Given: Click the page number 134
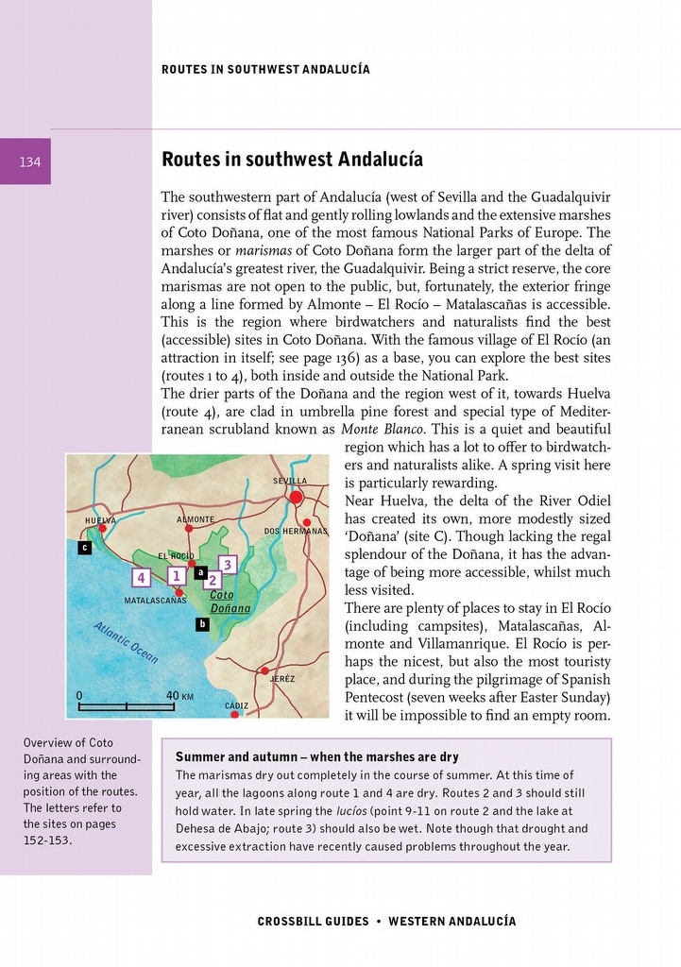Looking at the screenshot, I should point(30,162).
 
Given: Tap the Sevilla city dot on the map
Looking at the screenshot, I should point(297,497).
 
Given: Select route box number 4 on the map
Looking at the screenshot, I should point(141,577).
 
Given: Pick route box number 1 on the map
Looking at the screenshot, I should point(175,575).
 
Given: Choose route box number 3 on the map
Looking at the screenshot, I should point(226,565).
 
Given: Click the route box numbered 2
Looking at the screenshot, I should point(213,581).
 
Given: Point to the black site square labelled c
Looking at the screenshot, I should point(84,547).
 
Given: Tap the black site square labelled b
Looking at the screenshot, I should point(201,624).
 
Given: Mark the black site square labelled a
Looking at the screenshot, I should point(200,571).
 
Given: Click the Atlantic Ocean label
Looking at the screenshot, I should point(126,644).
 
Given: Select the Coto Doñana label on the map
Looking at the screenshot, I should point(227,602).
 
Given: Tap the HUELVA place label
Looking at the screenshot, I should point(100,520).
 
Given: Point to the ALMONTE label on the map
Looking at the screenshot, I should point(196,519).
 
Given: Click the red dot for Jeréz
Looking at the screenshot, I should point(264,670).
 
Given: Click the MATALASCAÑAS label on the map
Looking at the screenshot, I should point(155,601).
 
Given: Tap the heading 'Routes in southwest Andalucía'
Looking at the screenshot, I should point(292,159).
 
